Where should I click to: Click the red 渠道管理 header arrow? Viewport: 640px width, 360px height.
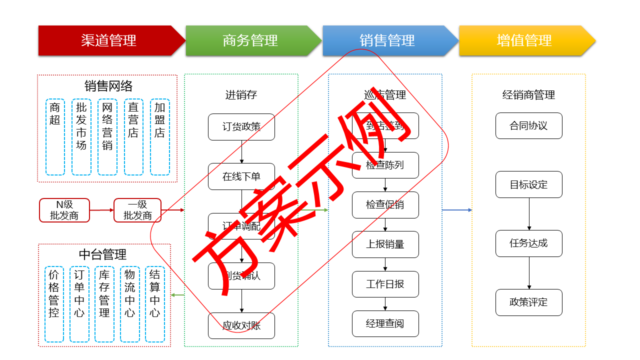109,40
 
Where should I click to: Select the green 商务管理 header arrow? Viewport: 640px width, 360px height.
250,40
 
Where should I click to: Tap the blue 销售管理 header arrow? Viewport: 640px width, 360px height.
387,40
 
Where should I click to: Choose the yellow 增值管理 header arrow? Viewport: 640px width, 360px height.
524,40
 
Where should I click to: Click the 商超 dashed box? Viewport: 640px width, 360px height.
55,137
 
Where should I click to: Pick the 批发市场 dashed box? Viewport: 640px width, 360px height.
81,137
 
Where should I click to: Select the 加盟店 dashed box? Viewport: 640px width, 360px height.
159,137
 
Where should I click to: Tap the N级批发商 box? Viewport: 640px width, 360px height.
64,210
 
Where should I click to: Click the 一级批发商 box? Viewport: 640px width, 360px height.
137,210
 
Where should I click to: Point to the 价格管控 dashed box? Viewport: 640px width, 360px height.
54,304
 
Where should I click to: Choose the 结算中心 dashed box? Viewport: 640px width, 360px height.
155,304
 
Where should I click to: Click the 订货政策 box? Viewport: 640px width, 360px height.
241,127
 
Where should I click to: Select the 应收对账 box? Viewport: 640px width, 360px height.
241,326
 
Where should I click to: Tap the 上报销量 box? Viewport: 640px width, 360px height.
385,244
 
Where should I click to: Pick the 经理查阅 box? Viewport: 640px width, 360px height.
385,324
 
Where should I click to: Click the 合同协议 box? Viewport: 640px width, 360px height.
528,126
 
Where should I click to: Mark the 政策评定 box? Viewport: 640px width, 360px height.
528,302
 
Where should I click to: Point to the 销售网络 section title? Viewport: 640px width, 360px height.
108,86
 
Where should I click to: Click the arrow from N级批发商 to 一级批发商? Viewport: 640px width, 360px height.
101,210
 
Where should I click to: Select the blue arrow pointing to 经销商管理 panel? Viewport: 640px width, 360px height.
457,210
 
